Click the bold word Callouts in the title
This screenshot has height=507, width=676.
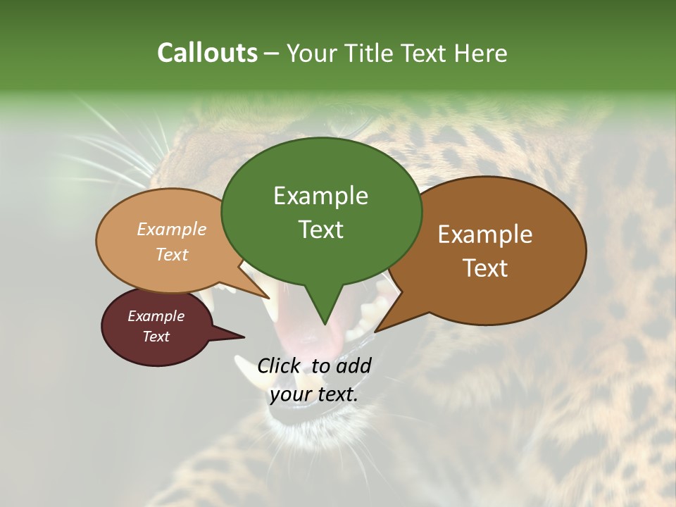coord(207,53)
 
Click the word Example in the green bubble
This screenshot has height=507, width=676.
coord(320,196)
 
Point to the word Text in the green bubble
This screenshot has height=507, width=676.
coord(321,230)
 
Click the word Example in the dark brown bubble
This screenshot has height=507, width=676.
coord(485,234)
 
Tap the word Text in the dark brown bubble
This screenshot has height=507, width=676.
coord(485,268)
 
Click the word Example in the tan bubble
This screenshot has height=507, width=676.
coord(172,230)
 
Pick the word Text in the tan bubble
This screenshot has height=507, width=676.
coord(172,255)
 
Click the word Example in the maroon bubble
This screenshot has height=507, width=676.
coord(156,316)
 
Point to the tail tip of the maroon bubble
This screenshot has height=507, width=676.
coord(243,337)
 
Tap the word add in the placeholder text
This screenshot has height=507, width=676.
coord(353,365)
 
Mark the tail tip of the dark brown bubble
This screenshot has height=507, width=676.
coord(376,330)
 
